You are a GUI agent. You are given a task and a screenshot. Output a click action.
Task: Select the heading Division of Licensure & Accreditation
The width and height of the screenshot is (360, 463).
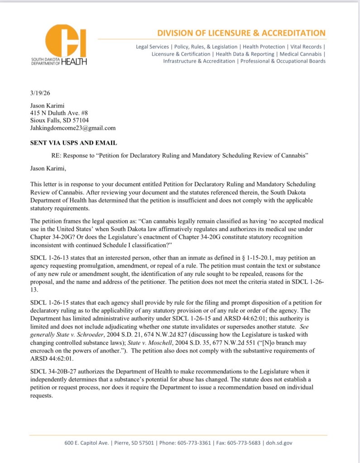241,33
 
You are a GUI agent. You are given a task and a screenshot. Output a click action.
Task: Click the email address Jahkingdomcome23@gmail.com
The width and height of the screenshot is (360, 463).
73,128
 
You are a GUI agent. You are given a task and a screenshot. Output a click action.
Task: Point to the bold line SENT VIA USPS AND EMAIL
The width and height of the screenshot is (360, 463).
73,143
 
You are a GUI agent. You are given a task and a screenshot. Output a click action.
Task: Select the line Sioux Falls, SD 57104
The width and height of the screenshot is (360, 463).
59,120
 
